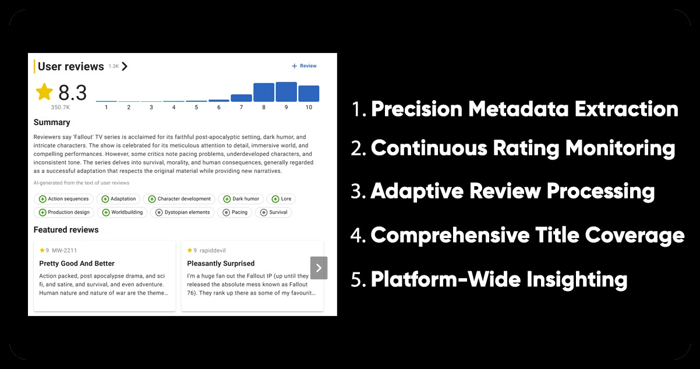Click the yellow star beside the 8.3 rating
click(44, 91)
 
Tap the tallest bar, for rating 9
click(287, 92)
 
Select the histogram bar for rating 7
click(241, 98)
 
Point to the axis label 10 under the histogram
click(309, 108)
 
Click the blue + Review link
click(304, 66)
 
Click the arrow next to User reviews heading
click(125, 66)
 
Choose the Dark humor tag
click(241, 198)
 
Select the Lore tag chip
click(281, 198)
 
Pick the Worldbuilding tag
click(122, 212)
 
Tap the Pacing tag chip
click(235, 212)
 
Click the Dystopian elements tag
click(182, 212)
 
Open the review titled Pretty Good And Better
click(77, 264)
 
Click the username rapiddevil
click(213, 250)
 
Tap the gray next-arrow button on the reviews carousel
click(319, 268)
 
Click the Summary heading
click(52, 122)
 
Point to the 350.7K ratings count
click(61, 108)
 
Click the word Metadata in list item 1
click(518, 109)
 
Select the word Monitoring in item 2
click(620, 148)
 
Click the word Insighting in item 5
click(577, 279)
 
